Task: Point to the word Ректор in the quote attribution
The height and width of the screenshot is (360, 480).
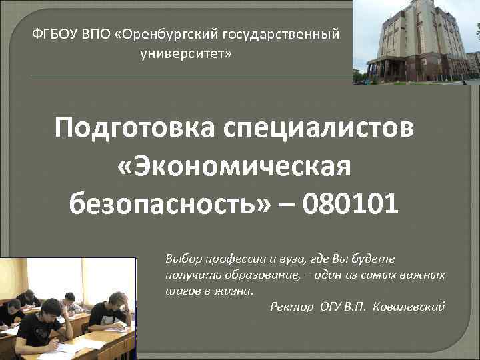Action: click(291, 306)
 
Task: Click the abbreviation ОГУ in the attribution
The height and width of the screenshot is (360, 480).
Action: click(330, 306)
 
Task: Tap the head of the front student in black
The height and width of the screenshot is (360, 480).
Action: click(49, 309)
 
